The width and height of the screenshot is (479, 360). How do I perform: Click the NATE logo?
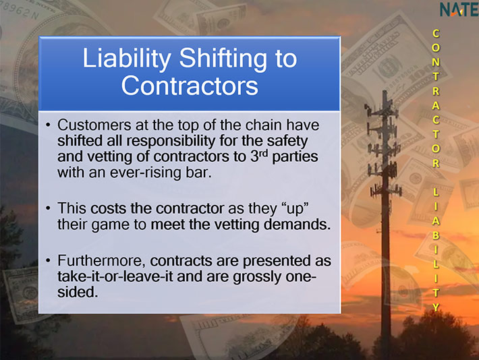(x=459, y=9)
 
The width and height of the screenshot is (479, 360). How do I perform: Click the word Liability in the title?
(x=127, y=59)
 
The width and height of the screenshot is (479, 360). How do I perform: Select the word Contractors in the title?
(x=190, y=86)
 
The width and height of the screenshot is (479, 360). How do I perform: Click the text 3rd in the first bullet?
(x=259, y=156)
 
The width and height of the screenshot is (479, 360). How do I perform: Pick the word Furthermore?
(x=102, y=261)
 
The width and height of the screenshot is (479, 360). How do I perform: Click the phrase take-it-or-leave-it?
(x=115, y=276)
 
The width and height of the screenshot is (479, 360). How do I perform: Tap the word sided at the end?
(x=78, y=292)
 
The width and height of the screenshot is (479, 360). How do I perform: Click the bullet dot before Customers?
(x=48, y=125)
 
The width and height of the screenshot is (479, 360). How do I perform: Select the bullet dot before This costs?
(x=48, y=208)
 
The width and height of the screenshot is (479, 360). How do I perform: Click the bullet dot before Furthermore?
(x=48, y=261)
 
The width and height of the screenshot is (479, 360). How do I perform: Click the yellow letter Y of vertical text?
(x=436, y=307)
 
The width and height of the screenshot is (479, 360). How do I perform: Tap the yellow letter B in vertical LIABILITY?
(x=436, y=235)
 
